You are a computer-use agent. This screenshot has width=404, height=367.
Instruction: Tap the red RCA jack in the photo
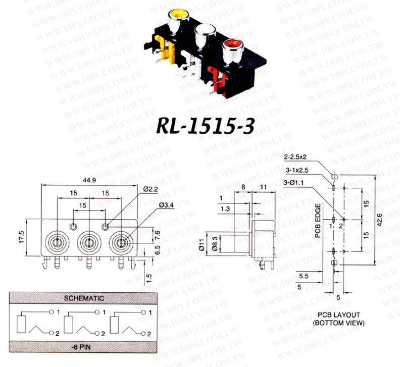point(232,51)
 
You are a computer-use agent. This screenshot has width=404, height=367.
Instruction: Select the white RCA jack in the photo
point(205,35)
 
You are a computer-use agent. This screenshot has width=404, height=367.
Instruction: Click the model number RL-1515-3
point(206,125)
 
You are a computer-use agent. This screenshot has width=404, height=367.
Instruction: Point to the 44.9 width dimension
point(89,180)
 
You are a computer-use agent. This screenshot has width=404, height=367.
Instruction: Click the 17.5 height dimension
point(21,237)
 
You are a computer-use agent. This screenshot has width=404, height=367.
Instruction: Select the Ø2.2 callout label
point(150,189)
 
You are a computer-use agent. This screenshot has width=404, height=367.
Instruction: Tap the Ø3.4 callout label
point(166,205)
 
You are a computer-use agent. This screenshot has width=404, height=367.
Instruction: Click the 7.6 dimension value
point(157,235)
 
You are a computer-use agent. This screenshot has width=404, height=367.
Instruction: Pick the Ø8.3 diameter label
point(215,243)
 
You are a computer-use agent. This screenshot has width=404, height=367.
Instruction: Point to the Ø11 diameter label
point(201,245)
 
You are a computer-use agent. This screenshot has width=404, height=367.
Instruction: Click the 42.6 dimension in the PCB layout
point(379,220)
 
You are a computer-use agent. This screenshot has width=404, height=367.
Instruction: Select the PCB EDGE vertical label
point(318,221)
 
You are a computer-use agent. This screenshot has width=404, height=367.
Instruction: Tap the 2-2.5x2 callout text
point(295,157)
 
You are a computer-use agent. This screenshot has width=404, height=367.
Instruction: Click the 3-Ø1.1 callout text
point(293,183)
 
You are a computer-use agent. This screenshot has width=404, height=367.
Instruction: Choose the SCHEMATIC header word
point(84,298)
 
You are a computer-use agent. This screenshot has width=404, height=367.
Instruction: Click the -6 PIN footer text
point(81,347)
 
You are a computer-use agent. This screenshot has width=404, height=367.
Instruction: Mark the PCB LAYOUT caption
point(338,314)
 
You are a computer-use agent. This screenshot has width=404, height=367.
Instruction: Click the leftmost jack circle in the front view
point(57,243)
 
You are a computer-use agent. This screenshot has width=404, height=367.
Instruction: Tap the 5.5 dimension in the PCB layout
point(304,276)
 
